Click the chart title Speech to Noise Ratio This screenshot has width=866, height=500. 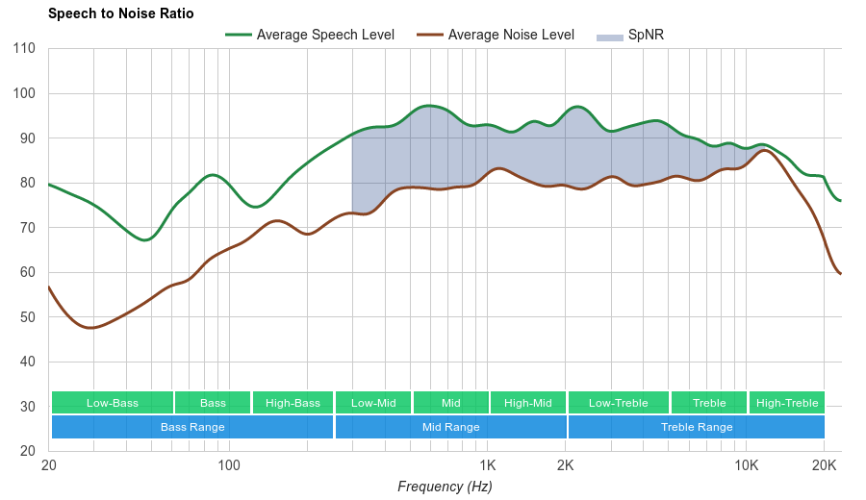pos(120,13)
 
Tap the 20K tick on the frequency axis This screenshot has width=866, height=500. pos(824,465)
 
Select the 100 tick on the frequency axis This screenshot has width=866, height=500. pos(229,465)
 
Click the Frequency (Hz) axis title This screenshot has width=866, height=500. pos(445,487)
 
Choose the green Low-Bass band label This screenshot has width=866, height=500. pos(113,403)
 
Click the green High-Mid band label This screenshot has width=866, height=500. pos(528,403)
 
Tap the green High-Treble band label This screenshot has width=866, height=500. pos(787,403)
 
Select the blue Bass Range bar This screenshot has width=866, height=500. pos(192,427)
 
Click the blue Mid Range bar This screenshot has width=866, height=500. pos(450,427)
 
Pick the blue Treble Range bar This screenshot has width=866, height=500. pos(697,427)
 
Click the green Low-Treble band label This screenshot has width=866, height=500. pos(619,403)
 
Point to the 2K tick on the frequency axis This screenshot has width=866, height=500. pos(566,465)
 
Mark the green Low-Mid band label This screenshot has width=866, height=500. pos(373,403)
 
